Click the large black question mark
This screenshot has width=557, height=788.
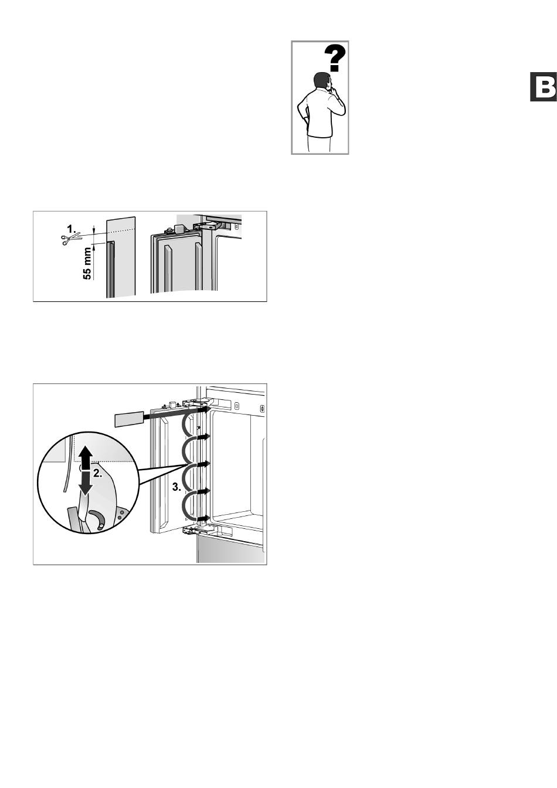point(335,59)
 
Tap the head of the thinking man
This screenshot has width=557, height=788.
point(322,81)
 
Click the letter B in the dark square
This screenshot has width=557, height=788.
point(544,87)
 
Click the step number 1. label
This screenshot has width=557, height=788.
point(72,229)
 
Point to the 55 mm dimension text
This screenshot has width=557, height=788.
point(87,263)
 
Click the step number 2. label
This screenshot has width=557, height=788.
point(98,474)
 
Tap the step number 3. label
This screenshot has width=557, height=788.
point(177,487)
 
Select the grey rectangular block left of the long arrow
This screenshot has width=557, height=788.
point(129,419)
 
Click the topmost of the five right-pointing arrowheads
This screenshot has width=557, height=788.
point(205,410)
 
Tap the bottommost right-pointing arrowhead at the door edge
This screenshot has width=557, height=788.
point(205,518)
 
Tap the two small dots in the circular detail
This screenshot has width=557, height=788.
point(120,515)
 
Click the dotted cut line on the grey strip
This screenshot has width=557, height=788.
point(120,231)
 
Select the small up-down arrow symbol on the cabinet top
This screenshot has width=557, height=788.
point(263,409)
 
